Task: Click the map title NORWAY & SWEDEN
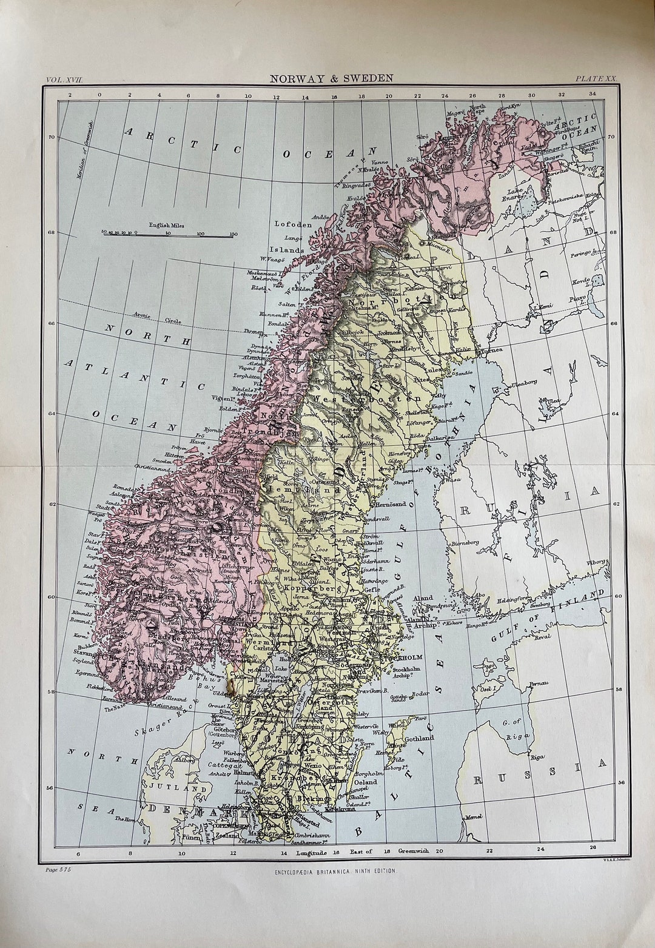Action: [x=331, y=78]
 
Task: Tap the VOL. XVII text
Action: [x=67, y=79]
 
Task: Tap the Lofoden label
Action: [x=293, y=224]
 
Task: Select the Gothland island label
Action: [x=419, y=738]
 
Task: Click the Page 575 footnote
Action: [x=58, y=870]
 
